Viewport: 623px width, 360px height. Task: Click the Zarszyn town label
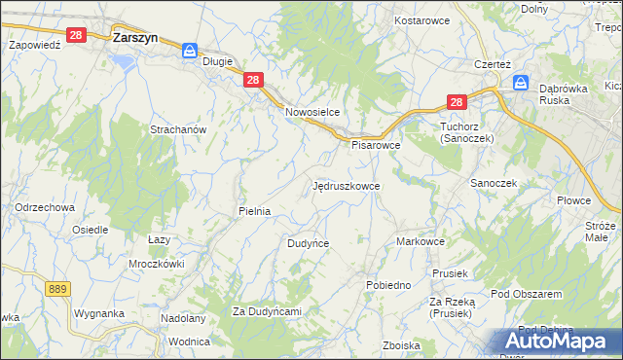click(135, 38)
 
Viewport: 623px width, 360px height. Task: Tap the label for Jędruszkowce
click(347, 185)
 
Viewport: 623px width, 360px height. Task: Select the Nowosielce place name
click(311, 112)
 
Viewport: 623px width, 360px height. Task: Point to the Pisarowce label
click(376, 145)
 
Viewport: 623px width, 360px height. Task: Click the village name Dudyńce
click(308, 243)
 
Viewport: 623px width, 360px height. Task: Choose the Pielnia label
click(254, 210)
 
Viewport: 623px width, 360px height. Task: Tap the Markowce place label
click(421, 241)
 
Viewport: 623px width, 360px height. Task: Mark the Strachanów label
click(177, 129)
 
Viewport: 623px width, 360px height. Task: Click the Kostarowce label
click(421, 19)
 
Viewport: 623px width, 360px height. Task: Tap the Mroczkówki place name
click(157, 264)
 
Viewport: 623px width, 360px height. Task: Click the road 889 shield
click(57, 288)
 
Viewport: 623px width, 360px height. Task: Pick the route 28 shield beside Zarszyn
click(78, 34)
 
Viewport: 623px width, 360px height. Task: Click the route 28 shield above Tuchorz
click(458, 101)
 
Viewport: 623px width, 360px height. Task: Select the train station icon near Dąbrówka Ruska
click(522, 83)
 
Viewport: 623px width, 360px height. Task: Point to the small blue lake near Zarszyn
click(124, 61)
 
